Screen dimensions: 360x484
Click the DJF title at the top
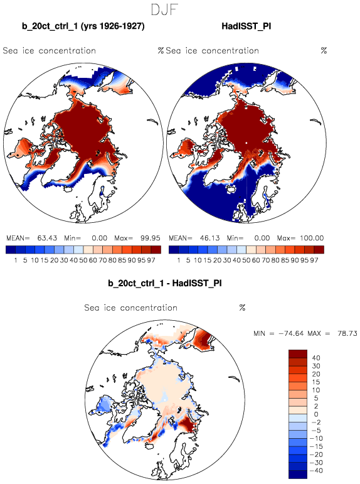click(165, 9)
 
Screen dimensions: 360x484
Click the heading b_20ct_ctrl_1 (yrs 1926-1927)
click(83, 26)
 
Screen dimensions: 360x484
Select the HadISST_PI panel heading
click(246, 26)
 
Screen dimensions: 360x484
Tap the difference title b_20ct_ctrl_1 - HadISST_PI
click(165, 283)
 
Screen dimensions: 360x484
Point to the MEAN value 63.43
click(47, 238)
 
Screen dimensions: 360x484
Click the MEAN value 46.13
click(209, 238)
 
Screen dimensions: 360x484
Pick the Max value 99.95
click(151, 238)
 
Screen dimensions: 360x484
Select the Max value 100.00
click(312, 238)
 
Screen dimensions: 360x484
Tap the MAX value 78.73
click(347, 333)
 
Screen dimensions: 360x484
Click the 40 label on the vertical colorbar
click(316, 358)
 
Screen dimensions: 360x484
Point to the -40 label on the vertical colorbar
click(316, 470)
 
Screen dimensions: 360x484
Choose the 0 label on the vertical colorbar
click(316, 414)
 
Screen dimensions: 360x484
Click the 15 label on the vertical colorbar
click(316, 382)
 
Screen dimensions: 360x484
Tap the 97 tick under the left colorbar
click(151, 261)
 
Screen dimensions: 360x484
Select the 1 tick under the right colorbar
click(179, 261)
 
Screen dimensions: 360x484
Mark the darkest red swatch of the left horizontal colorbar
click(156, 249)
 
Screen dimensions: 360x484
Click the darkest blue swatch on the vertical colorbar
click(298, 475)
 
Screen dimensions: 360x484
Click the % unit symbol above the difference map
click(242, 308)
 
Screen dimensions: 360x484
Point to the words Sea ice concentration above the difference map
click(131, 308)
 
